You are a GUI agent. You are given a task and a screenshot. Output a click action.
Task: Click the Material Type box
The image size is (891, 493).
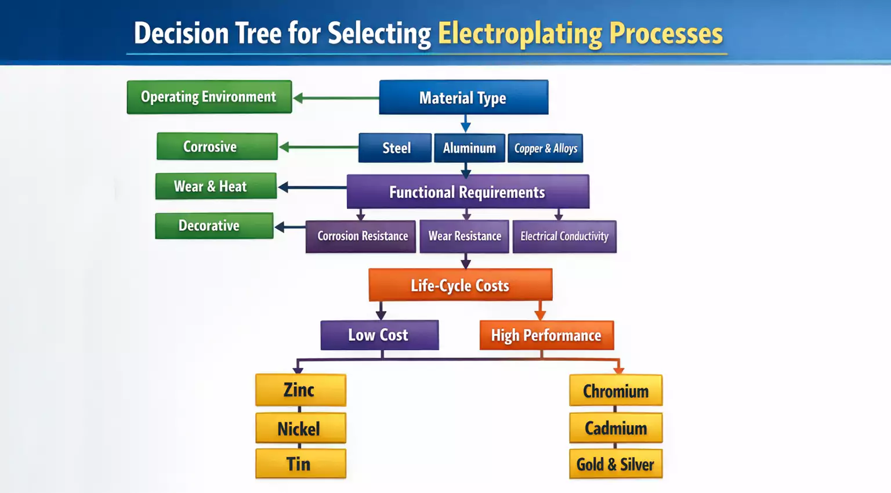[x=463, y=97]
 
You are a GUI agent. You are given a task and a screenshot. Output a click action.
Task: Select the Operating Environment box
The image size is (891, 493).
[x=209, y=97]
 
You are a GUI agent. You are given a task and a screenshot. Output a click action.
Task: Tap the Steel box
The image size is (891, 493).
[x=395, y=148]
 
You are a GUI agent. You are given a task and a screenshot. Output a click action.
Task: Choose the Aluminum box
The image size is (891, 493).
[x=469, y=148]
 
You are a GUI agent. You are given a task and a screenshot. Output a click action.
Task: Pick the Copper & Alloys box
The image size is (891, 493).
[x=545, y=148]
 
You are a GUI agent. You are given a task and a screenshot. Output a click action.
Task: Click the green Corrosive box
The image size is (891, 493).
[x=217, y=146]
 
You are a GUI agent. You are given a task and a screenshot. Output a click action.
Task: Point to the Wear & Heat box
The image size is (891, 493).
[x=216, y=186]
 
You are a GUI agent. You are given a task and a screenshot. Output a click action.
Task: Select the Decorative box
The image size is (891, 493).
[x=214, y=226]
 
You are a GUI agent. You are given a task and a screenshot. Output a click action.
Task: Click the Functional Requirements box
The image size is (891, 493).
[x=468, y=192]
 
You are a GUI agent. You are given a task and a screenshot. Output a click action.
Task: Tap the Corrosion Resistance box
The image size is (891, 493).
[x=361, y=236]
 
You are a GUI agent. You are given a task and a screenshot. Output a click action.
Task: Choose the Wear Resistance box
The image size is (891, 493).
[x=464, y=236]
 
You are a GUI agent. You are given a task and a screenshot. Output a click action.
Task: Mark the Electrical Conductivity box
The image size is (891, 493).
[x=564, y=236]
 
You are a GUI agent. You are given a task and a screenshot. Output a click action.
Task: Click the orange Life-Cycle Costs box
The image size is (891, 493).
[x=460, y=285]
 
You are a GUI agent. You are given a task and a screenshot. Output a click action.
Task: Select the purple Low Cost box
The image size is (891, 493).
[x=379, y=335]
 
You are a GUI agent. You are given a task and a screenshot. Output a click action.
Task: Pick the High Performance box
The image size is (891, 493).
[x=546, y=335]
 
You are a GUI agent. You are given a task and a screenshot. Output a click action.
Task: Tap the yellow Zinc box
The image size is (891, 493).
[x=300, y=390]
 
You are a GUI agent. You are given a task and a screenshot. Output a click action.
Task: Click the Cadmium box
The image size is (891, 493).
[x=615, y=428]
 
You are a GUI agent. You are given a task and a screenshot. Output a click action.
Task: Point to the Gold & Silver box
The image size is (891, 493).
[x=615, y=464]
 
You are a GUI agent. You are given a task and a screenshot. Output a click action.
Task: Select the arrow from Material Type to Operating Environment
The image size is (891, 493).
[x=336, y=98]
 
